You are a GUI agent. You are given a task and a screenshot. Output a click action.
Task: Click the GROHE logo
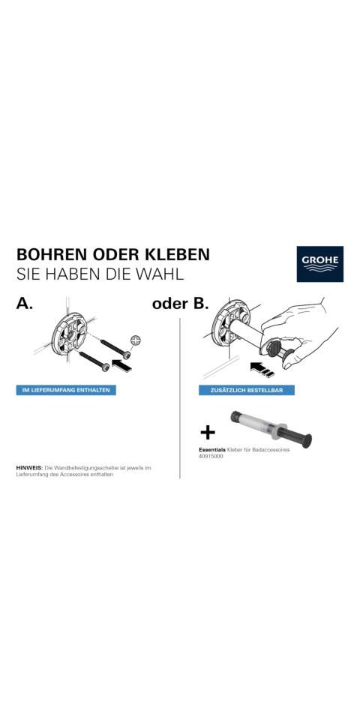(x=319, y=263)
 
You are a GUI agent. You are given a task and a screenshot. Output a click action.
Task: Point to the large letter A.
(x=25, y=304)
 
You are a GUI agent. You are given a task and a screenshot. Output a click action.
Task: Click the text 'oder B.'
(x=179, y=304)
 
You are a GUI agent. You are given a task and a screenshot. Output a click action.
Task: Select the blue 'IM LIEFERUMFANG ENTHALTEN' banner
(x=66, y=391)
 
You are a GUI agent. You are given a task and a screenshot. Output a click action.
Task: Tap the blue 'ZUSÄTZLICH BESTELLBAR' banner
(x=247, y=391)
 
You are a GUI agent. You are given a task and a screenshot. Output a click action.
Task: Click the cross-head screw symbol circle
(x=136, y=340)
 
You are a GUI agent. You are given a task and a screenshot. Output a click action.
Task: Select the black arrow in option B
(x=259, y=367)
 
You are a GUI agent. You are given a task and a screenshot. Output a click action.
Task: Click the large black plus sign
(x=208, y=432)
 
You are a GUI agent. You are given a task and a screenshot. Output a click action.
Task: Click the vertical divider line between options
(x=180, y=397)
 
